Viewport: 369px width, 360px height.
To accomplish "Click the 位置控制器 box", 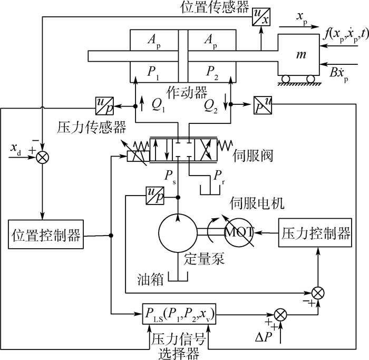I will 46,235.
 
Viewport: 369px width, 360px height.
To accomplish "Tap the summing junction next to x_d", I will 41,157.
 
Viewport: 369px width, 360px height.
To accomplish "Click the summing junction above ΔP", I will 281,314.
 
